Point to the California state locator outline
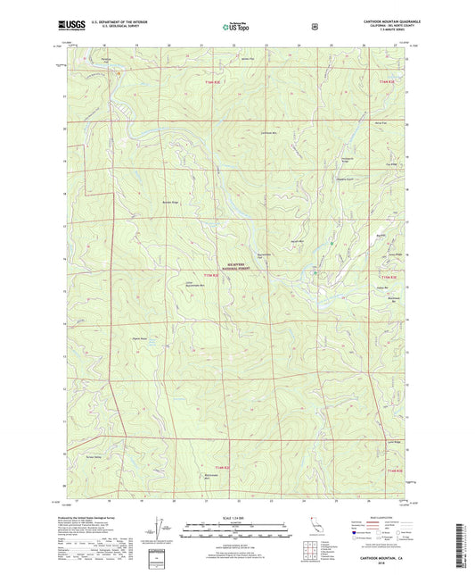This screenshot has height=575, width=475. pos(314,524)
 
